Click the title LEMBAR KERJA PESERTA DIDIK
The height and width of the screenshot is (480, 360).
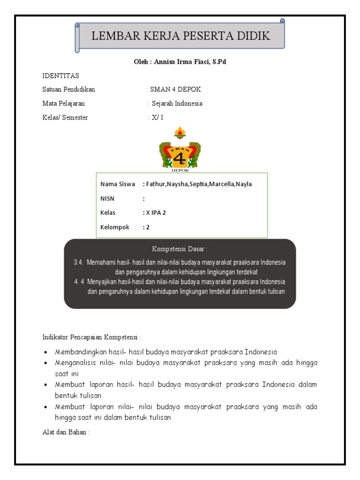[x=180, y=36]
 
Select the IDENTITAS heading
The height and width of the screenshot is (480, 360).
[x=60, y=75]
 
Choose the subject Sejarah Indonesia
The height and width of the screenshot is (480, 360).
[x=177, y=104]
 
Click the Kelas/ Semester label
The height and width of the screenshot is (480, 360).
[x=65, y=118]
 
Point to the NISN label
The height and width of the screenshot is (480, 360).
[x=107, y=199]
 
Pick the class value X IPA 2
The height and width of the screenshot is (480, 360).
[x=156, y=213]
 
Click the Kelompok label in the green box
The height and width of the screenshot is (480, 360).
[x=115, y=227]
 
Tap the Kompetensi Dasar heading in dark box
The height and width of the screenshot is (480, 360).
[x=180, y=248]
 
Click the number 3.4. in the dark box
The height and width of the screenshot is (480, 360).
[x=78, y=262]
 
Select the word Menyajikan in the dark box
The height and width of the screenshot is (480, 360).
[x=102, y=282]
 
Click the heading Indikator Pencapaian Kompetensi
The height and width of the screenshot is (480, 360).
[x=92, y=337]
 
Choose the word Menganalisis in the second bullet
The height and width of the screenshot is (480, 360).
[x=76, y=363]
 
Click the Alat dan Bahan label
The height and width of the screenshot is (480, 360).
[x=66, y=432]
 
